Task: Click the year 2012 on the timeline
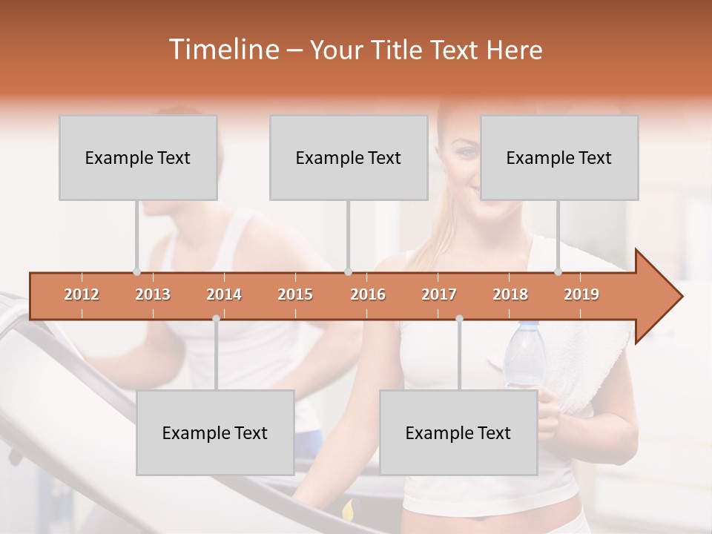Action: pos(82,295)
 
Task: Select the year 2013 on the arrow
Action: pos(153,295)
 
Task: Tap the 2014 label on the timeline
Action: pos(224,295)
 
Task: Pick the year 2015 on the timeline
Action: pos(295,295)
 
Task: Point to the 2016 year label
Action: pos(368,295)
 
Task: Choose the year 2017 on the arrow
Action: pos(439,295)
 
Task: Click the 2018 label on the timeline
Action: pos(510,295)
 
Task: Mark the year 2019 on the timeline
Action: pos(581,295)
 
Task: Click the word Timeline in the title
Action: pos(222,50)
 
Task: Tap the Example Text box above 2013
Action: pos(138,158)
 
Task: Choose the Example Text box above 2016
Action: pos(349,158)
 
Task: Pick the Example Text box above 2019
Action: pos(559,158)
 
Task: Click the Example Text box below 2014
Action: pos(215,433)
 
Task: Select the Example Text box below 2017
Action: pos(458,433)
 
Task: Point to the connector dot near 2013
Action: pos(136,271)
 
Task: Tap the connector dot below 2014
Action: pos(216,318)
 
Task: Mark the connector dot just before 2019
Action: pos(558,271)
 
